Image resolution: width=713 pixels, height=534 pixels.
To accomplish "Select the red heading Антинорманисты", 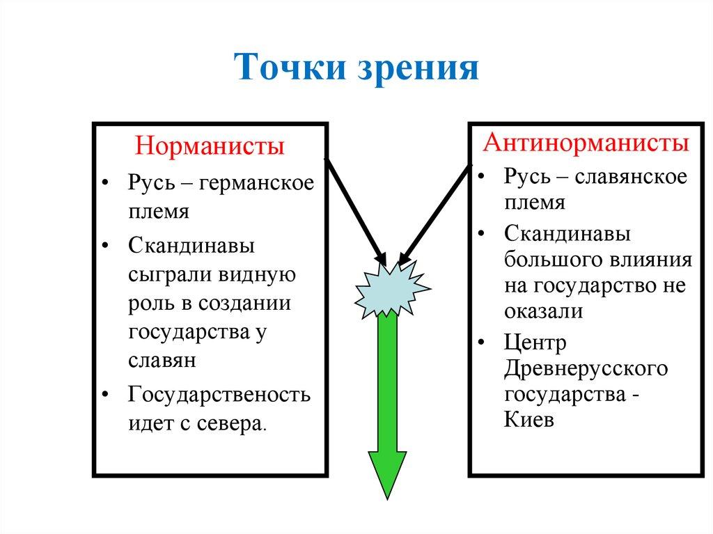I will (x=586, y=143).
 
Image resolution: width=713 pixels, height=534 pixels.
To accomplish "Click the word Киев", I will (x=529, y=421).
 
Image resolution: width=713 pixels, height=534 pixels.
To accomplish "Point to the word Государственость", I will (x=219, y=395).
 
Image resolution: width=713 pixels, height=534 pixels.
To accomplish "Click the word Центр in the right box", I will (x=535, y=342).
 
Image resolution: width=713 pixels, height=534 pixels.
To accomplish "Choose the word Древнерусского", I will (x=586, y=368).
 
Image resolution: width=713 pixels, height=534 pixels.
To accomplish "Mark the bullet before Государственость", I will (x=104, y=395).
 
